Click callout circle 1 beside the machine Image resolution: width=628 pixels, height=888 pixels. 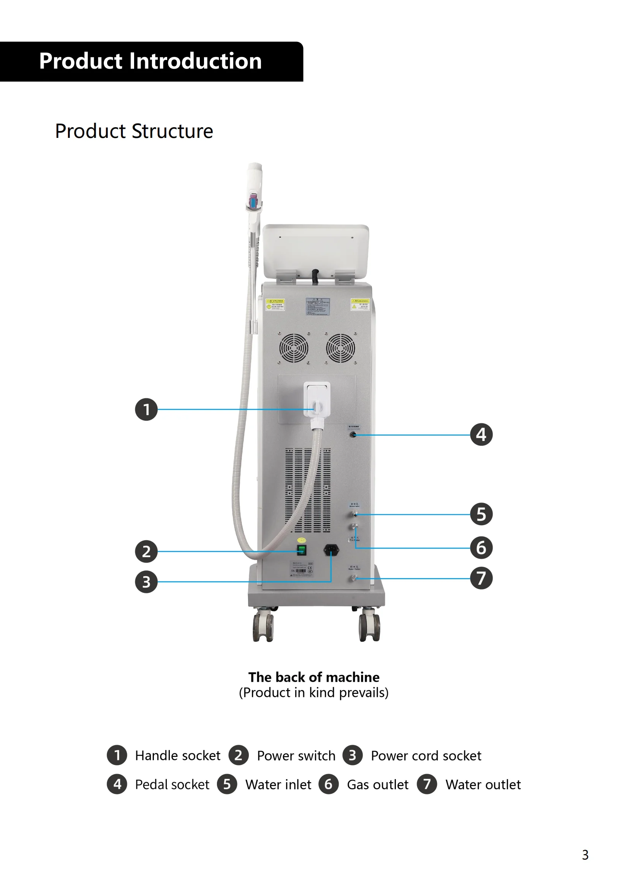pos(146,409)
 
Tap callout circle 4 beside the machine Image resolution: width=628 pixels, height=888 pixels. pos(481,435)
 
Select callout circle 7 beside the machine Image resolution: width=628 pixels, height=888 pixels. pos(481,578)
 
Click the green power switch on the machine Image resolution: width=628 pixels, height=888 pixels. pos(301,550)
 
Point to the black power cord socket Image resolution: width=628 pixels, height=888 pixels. pos(331,549)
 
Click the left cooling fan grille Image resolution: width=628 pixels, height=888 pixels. pos(294,348)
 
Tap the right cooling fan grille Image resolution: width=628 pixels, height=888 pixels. pos(340,348)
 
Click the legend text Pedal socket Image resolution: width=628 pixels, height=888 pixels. pos(172,784)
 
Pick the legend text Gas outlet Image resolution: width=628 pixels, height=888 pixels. pos(377,784)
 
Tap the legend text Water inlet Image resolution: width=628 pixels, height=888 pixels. pos(278,784)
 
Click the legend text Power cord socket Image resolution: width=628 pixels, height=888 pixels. pos(426,755)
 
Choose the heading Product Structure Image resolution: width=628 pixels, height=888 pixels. pos(134,131)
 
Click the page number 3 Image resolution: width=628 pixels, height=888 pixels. pos(585,855)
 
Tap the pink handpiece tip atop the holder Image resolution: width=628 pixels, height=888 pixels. pos(253,200)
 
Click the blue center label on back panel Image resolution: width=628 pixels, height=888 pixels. pos(318,306)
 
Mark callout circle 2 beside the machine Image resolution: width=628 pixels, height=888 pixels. pos(146,551)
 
